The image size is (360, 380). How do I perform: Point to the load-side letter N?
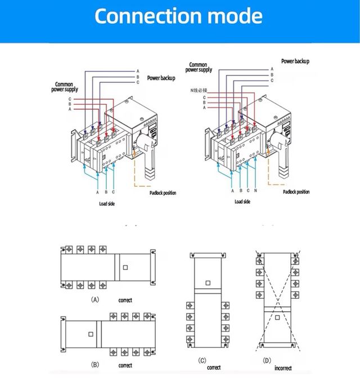(x=256, y=191)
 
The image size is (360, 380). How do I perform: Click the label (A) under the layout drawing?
(x=96, y=300)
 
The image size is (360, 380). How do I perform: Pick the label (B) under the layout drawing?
(x=96, y=365)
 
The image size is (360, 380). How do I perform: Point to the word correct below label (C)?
(x=214, y=368)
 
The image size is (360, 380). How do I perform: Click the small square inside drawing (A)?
(x=126, y=267)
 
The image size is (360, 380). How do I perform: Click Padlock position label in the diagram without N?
(x=163, y=193)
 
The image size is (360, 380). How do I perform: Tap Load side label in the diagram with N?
(x=242, y=201)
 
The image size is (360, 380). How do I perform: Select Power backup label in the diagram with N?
(x=295, y=61)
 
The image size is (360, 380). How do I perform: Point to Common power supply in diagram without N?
(x=65, y=87)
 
